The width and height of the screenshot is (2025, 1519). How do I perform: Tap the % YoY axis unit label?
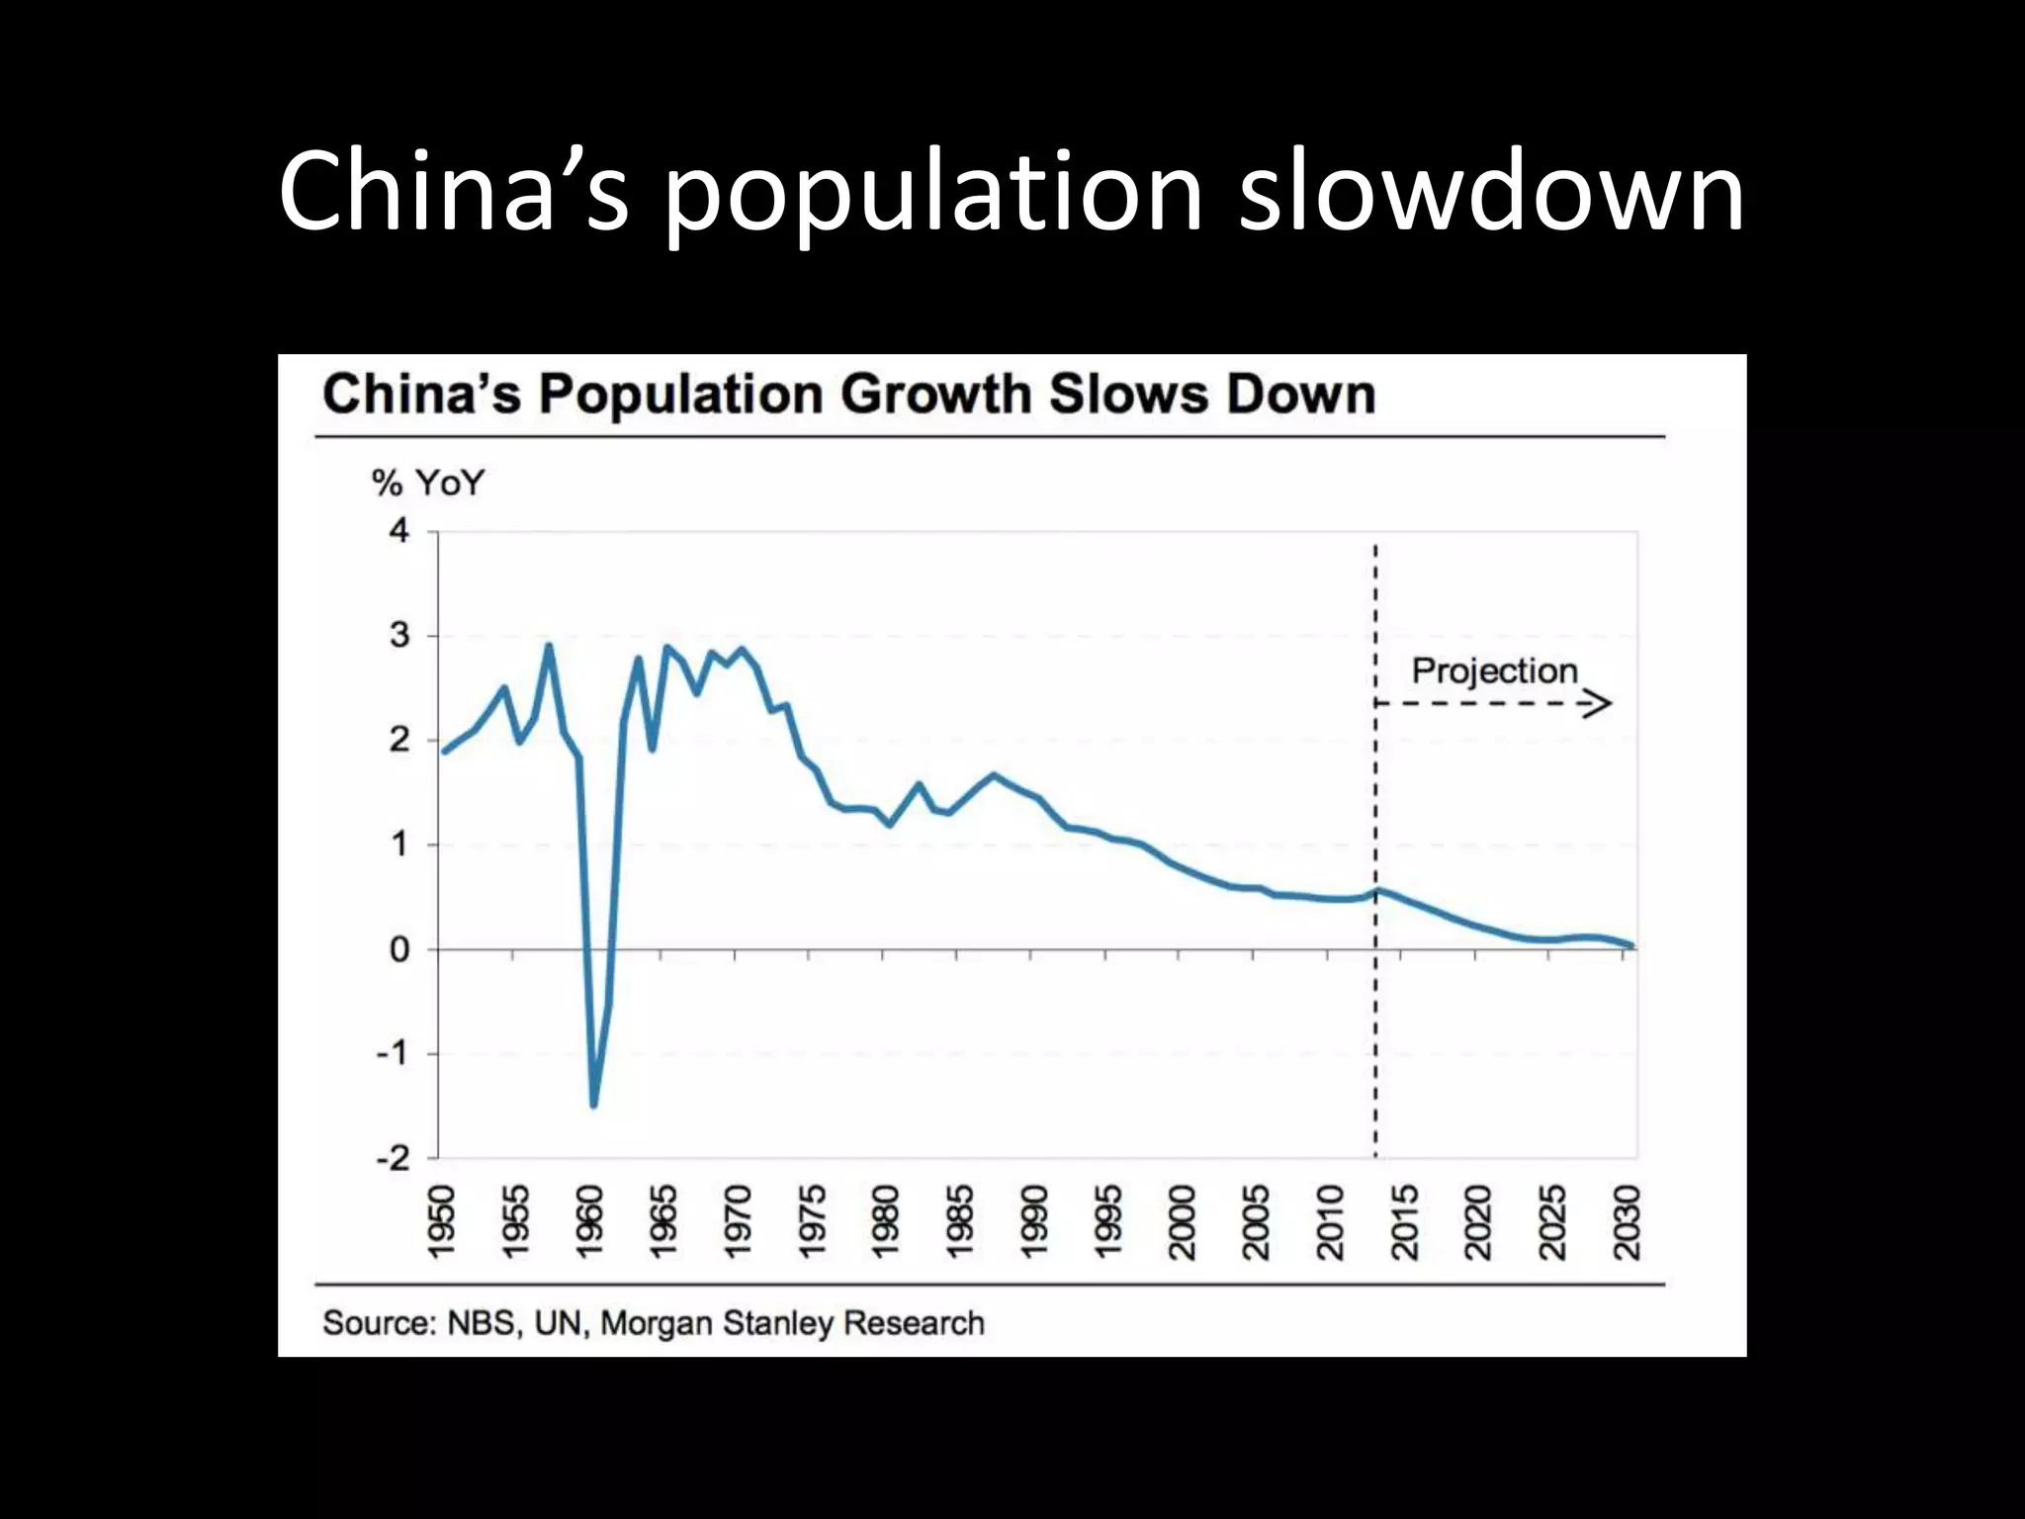[428, 484]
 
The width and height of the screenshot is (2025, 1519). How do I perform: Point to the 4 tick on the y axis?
[398, 531]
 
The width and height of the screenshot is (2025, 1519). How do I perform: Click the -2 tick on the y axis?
[393, 1158]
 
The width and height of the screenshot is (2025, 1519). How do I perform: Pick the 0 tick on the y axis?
[398, 949]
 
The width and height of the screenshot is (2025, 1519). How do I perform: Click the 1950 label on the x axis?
[440, 1222]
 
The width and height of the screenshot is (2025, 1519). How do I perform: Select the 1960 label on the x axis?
[588, 1222]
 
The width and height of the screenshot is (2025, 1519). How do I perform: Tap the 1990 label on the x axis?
[1033, 1222]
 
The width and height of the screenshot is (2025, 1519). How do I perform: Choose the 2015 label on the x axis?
[1404, 1222]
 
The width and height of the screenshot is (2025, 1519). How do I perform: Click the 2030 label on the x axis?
[1627, 1222]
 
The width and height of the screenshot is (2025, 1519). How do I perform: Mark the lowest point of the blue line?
[593, 1105]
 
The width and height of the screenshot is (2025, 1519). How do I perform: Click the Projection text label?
[1494, 670]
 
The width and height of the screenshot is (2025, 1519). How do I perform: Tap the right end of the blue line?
[1631, 946]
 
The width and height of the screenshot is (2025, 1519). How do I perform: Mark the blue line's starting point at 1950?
[444, 752]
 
